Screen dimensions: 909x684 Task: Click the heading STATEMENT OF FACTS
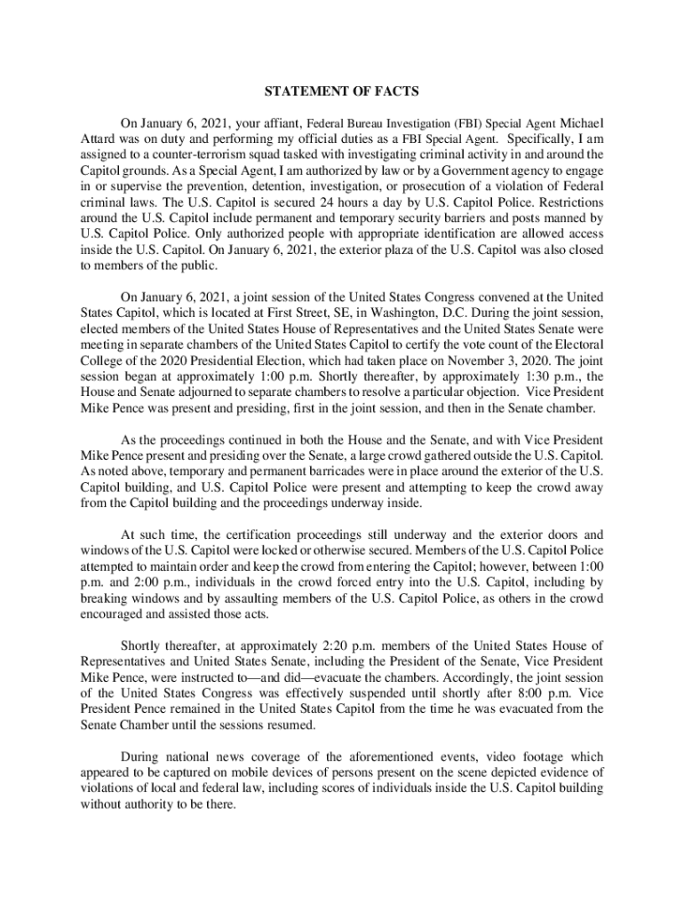(342, 91)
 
